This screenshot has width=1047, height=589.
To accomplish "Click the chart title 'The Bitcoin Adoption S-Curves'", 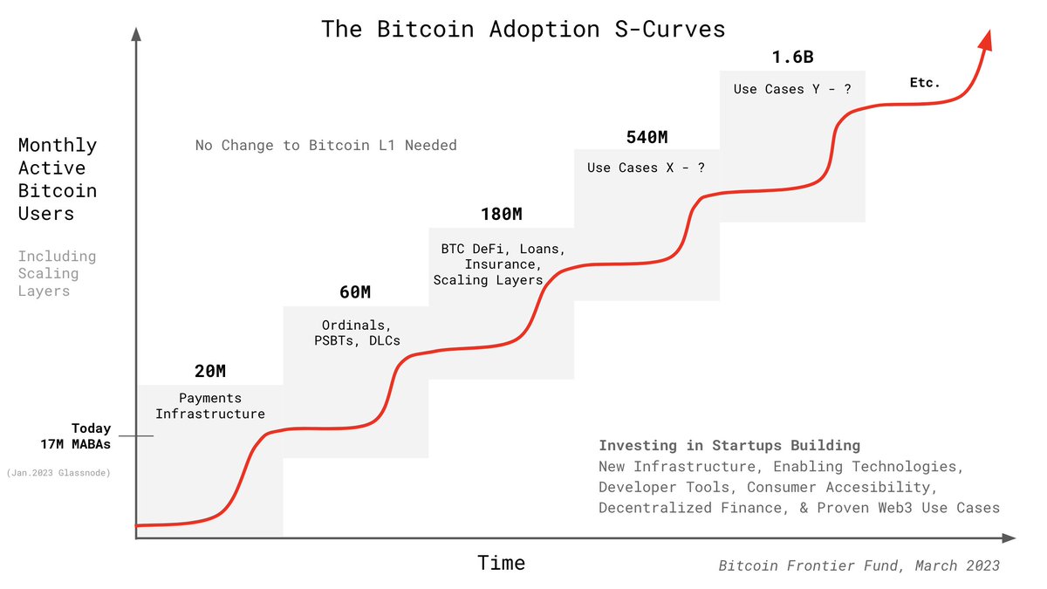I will [x=523, y=29].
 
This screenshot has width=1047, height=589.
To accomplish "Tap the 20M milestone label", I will [x=209, y=372].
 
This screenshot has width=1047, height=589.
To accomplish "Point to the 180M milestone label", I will [x=502, y=214].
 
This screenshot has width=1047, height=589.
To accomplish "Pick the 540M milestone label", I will [x=647, y=137].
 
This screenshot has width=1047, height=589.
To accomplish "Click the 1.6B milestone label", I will [x=791, y=58].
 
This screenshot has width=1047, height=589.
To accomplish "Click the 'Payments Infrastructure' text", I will [x=209, y=406].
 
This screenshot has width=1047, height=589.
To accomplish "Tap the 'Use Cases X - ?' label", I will [x=646, y=168].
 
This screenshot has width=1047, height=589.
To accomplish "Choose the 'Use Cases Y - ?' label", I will [x=791, y=89].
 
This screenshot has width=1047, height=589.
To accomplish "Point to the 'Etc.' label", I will [x=925, y=83].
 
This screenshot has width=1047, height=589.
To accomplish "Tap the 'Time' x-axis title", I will [x=502, y=563].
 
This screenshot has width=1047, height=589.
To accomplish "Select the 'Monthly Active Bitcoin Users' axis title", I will [x=58, y=179].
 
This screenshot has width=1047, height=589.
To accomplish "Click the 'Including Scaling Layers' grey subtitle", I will [x=57, y=273].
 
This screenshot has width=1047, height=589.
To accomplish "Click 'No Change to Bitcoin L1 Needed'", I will [x=325, y=145].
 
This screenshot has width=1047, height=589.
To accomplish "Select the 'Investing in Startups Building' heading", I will [x=729, y=445].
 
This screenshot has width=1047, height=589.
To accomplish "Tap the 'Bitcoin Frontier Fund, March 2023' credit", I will [x=859, y=565].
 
